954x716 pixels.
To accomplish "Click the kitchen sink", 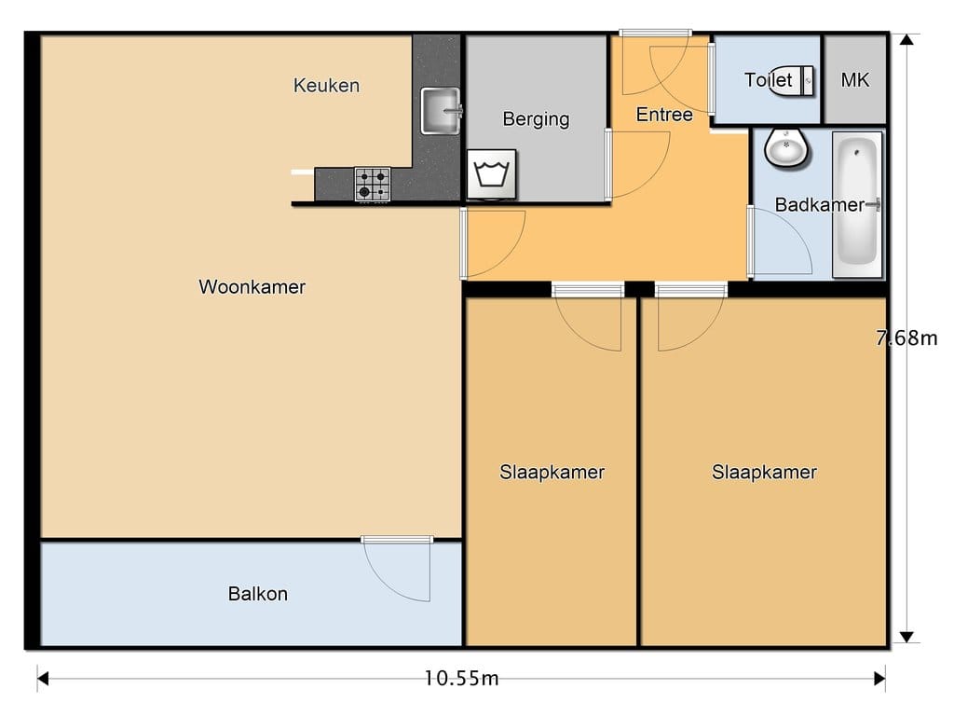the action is point(441,111).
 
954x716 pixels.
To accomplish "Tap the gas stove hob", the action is point(373,184).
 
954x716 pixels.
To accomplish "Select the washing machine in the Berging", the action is point(492,174).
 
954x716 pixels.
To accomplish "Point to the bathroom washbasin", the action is point(786,148).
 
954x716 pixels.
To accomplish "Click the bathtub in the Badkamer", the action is point(857,204).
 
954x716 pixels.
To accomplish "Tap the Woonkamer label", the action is point(252,287).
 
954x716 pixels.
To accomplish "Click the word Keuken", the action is point(326,85).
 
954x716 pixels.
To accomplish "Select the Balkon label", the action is point(258,594).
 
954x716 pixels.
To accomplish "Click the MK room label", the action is point(855,80).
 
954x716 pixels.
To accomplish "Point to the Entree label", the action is point(664,115).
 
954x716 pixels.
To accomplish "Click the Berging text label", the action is point(536,119).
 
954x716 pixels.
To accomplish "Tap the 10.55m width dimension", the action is point(461,678).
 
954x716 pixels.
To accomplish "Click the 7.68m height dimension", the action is point(906,337).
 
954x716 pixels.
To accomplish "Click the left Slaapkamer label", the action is point(552,472).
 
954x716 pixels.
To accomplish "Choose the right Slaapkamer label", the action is point(764,472).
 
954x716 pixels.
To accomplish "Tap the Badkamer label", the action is point(819,204).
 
